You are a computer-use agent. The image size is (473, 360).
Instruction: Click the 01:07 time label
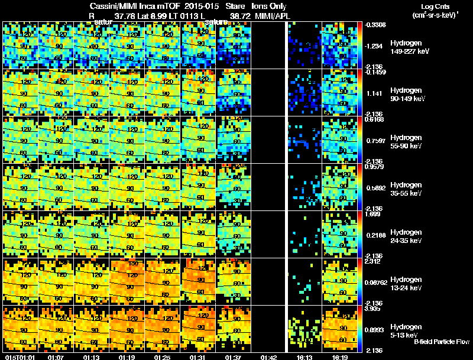tap(56, 356)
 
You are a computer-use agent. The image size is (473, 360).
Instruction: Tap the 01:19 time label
tap(127, 356)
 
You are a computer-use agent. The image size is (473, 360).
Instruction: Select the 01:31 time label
tap(197, 356)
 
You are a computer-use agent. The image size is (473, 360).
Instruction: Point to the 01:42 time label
tap(268, 356)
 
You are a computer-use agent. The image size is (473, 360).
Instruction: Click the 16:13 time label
tap(304, 356)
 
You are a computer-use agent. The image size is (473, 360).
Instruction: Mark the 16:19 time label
tap(339, 356)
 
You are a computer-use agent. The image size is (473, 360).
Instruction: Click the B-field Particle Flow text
tap(441, 342)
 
